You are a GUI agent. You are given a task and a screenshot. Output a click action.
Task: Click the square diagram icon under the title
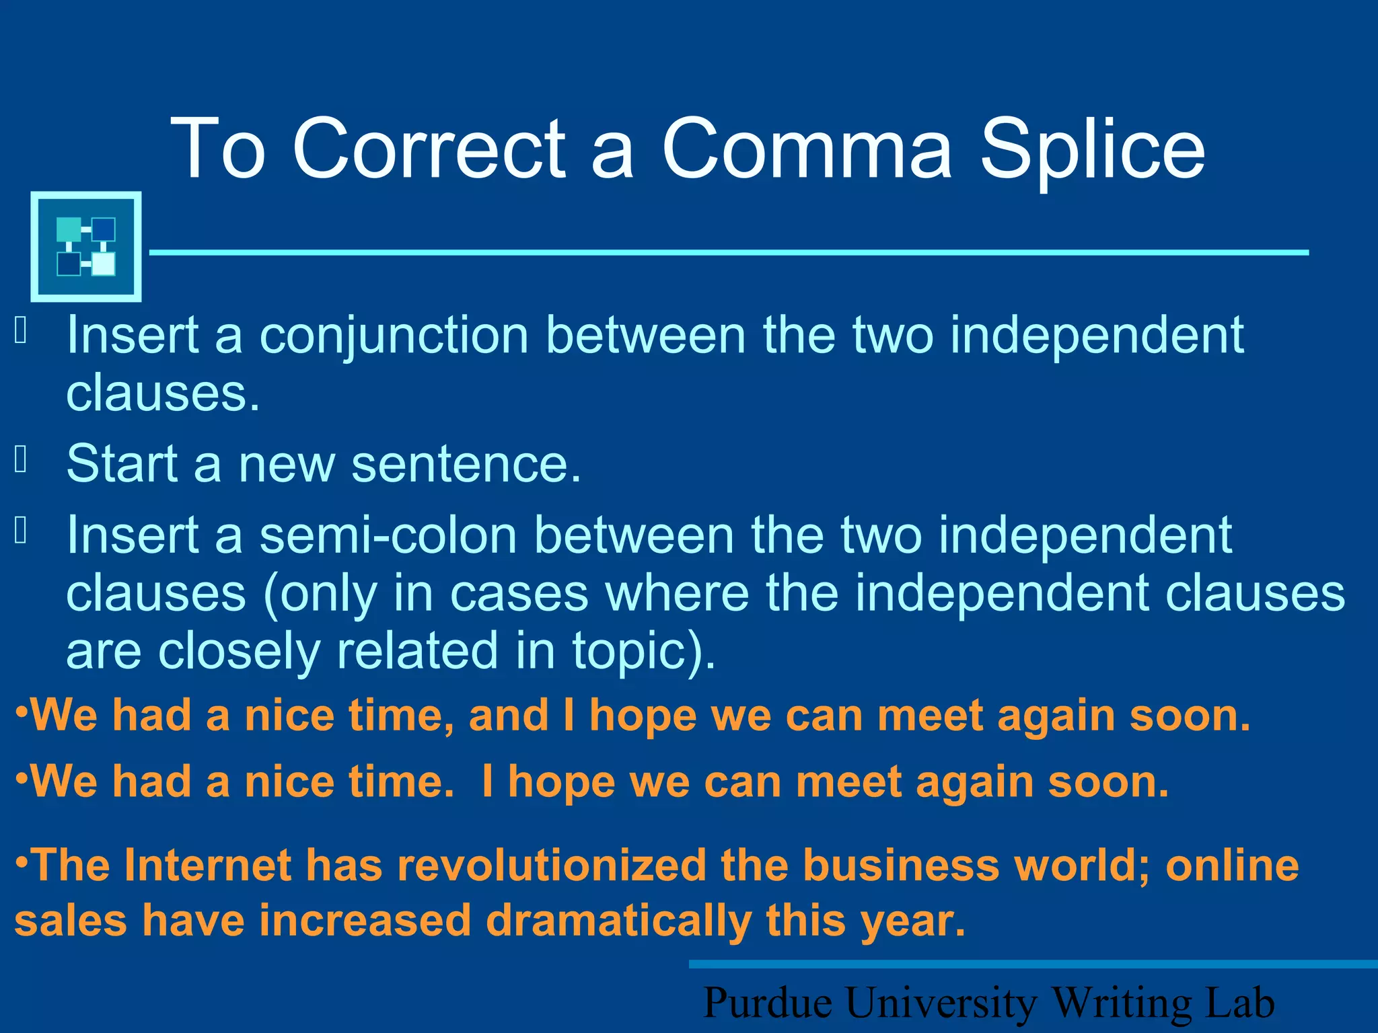pyautogui.click(x=86, y=246)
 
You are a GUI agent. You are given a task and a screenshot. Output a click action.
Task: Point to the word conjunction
pyautogui.click(x=394, y=336)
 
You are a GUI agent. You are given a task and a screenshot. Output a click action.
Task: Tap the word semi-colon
pyautogui.click(x=388, y=536)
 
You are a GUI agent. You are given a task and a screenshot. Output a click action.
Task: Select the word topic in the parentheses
pyautogui.click(x=636, y=652)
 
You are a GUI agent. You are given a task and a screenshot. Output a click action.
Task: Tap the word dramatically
pyautogui.click(x=618, y=921)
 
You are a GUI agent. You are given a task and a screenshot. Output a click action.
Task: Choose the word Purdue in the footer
pyautogui.click(x=768, y=1003)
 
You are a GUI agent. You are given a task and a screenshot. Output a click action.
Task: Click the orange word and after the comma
pyautogui.click(x=508, y=716)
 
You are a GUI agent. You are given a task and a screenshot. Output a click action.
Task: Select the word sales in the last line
pyautogui.click(x=71, y=921)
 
